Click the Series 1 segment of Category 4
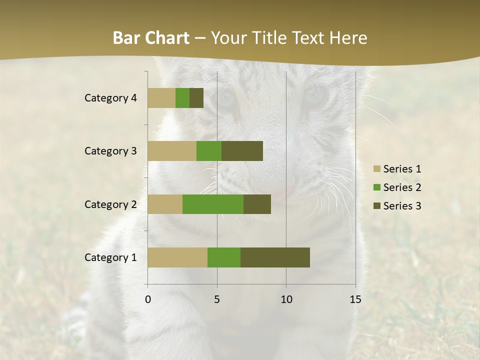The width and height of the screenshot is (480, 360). click(161, 98)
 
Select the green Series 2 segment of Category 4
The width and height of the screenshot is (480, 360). click(182, 98)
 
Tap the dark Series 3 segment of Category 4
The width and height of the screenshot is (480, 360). click(196, 98)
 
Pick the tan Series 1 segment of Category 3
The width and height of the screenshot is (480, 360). click(172, 151)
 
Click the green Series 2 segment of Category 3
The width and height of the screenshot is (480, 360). click(209, 151)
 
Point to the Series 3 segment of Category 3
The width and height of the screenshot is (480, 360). click(242, 151)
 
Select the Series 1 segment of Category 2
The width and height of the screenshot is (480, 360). click(165, 204)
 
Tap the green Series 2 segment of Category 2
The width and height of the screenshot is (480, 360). click(213, 204)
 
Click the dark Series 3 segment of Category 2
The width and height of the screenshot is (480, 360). click(257, 204)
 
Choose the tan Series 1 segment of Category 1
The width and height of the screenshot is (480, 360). click(177, 257)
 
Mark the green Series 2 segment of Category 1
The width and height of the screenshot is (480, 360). click(224, 257)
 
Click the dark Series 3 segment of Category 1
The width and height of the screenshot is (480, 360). click(275, 257)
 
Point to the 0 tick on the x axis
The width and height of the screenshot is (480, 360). click(148, 299)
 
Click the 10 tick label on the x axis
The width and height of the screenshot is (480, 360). click(286, 299)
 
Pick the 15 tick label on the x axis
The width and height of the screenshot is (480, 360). click(355, 299)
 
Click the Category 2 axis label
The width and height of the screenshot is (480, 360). click(110, 204)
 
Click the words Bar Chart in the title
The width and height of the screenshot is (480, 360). click(151, 38)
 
